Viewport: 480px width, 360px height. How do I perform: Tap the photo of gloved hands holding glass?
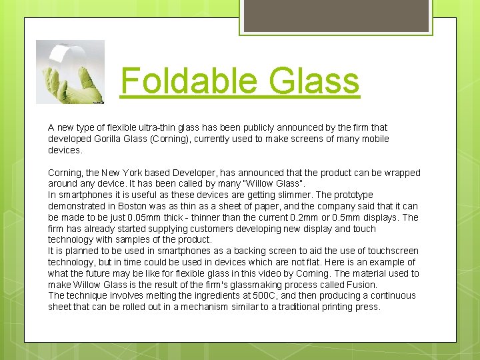(70, 72)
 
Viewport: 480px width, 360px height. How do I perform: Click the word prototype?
(353, 195)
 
